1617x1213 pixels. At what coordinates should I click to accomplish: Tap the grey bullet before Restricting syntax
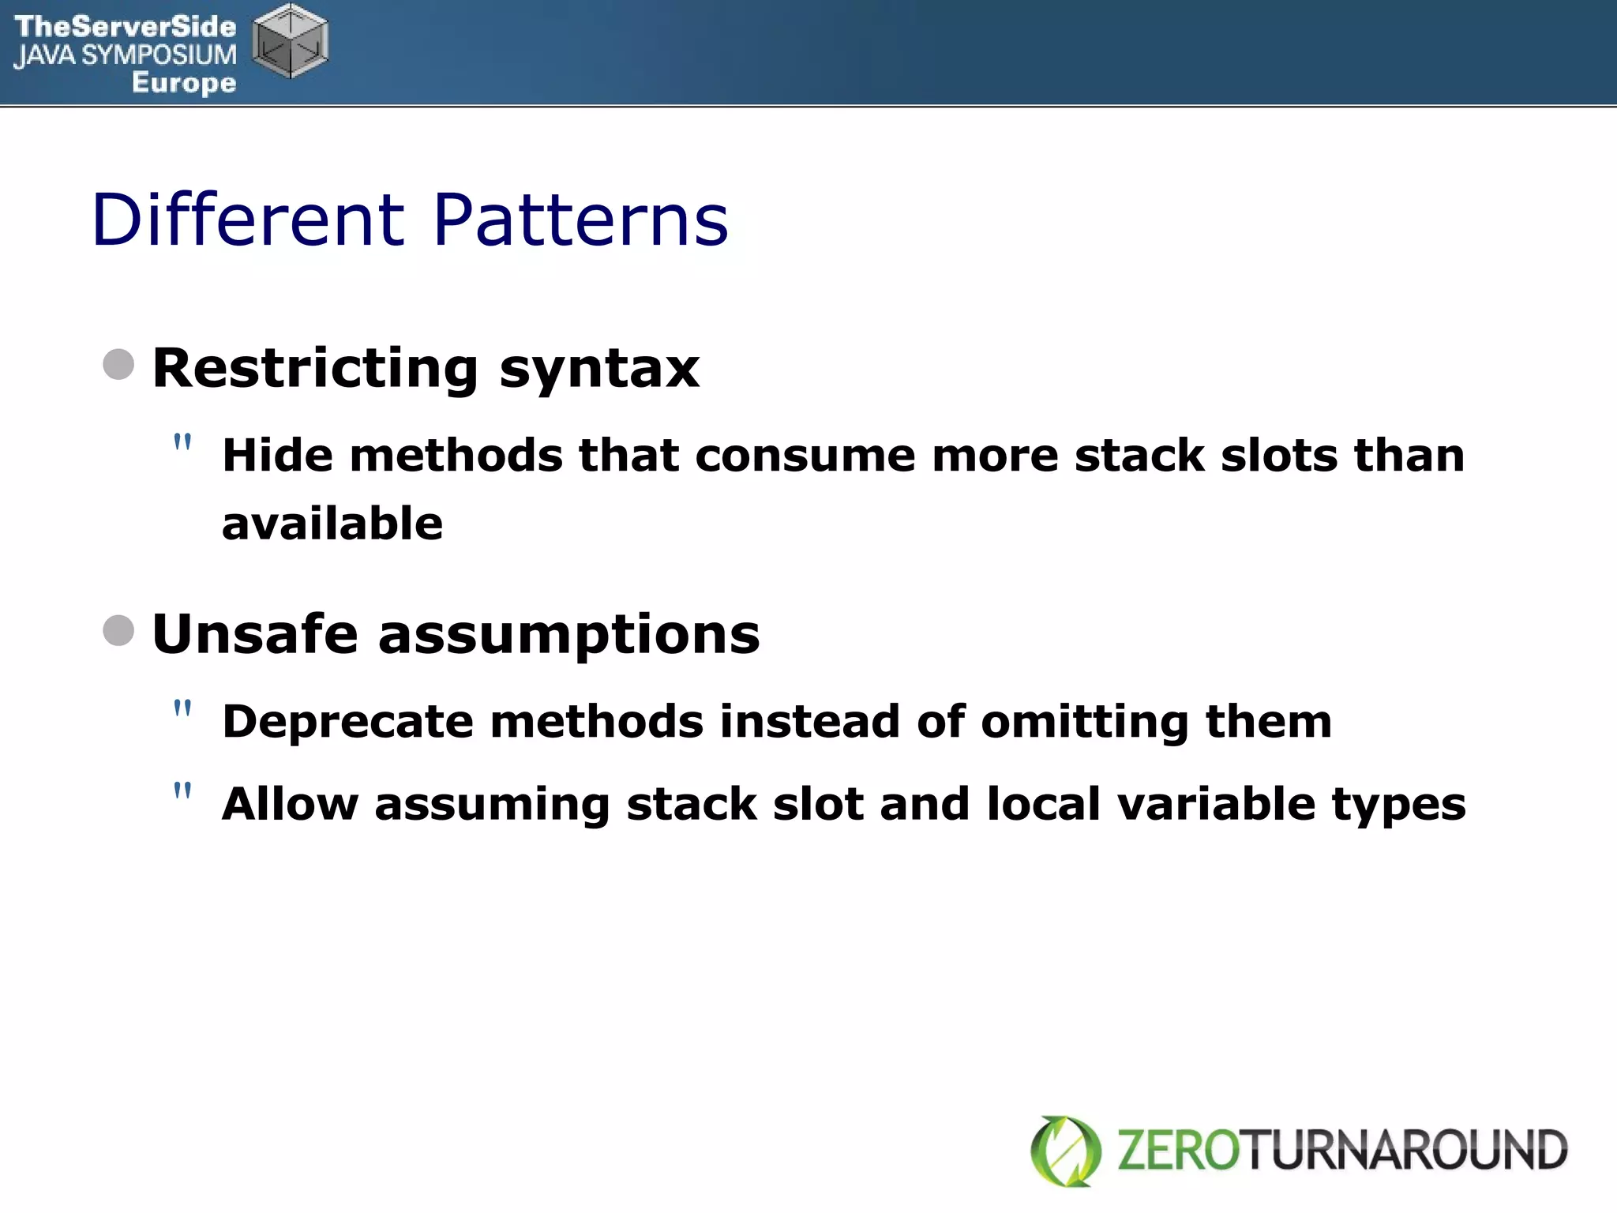click(118, 364)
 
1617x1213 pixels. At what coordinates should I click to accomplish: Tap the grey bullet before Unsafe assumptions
click(118, 630)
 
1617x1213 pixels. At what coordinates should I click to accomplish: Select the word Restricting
click(315, 369)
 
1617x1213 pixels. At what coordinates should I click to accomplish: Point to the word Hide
click(277, 456)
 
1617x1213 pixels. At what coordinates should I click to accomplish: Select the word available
click(332, 524)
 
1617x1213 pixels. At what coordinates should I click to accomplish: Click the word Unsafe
click(255, 634)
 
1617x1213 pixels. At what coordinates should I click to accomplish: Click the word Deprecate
click(347, 723)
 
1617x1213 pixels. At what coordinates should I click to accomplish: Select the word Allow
click(290, 804)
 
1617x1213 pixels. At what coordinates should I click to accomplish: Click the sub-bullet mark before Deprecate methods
click(182, 708)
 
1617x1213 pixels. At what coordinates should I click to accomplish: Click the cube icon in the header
click(290, 41)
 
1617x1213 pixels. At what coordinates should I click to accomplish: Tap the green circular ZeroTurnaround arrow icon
click(1066, 1151)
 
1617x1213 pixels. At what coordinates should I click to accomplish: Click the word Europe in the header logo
click(184, 82)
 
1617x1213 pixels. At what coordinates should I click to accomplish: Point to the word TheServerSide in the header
click(125, 27)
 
